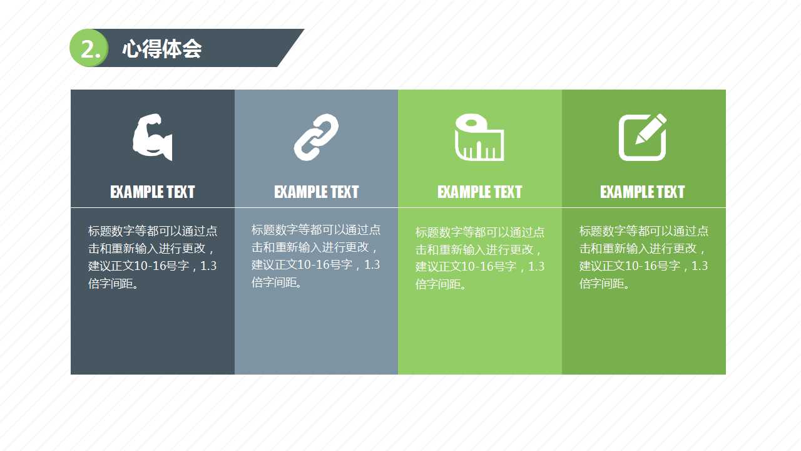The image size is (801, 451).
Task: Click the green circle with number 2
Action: click(89, 48)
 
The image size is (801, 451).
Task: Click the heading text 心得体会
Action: click(161, 49)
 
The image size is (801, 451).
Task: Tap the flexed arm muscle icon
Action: click(152, 137)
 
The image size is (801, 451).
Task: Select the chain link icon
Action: click(316, 137)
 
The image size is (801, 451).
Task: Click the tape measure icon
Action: click(479, 138)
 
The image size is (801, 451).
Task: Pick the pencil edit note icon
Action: click(643, 137)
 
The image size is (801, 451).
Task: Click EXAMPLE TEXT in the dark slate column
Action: click(152, 192)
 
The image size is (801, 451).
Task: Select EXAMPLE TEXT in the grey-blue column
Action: click(316, 192)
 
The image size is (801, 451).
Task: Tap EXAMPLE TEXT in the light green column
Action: click(479, 192)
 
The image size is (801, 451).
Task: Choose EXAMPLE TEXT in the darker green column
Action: click(643, 192)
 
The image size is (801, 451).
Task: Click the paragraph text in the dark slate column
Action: click(152, 257)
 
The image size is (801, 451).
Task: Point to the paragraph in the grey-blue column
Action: click(316, 256)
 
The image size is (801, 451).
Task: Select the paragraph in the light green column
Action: click(479, 258)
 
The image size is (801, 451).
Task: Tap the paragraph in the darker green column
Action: click(643, 257)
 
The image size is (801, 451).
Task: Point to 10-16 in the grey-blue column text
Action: click(312, 265)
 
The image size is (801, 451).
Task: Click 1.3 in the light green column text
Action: click(536, 267)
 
